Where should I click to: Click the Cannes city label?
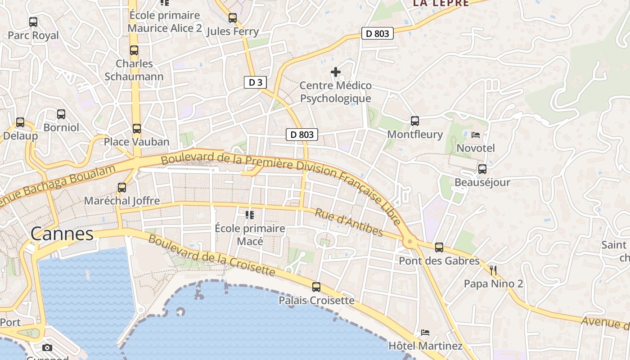click(x=62, y=234)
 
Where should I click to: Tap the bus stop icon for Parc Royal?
click(x=33, y=22)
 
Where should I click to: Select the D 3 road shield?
click(x=255, y=82)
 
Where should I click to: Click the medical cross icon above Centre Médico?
click(x=335, y=72)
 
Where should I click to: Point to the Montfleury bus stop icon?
click(x=415, y=121)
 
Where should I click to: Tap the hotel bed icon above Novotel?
click(x=476, y=135)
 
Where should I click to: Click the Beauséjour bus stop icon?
click(x=482, y=169)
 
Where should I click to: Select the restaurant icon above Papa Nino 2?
click(x=493, y=270)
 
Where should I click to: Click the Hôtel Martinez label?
click(x=425, y=346)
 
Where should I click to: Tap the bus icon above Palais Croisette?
click(x=316, y=287)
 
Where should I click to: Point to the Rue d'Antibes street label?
click(x=349, y=222)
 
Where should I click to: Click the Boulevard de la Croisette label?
click(x=211, y=255)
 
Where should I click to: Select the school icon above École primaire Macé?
click(x=250, y=215)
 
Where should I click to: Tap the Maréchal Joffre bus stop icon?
click(x=122, y=187)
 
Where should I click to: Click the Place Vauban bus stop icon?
click(x=137, y=129)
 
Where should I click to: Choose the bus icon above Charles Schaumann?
click(x=134, y=50)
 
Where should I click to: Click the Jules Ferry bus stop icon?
click(x=233, y=18)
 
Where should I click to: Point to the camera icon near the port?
click(x=47, y=347)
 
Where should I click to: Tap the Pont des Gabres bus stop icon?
click(x=439, y=247)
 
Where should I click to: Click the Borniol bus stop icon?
click(x=61, y=114)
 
